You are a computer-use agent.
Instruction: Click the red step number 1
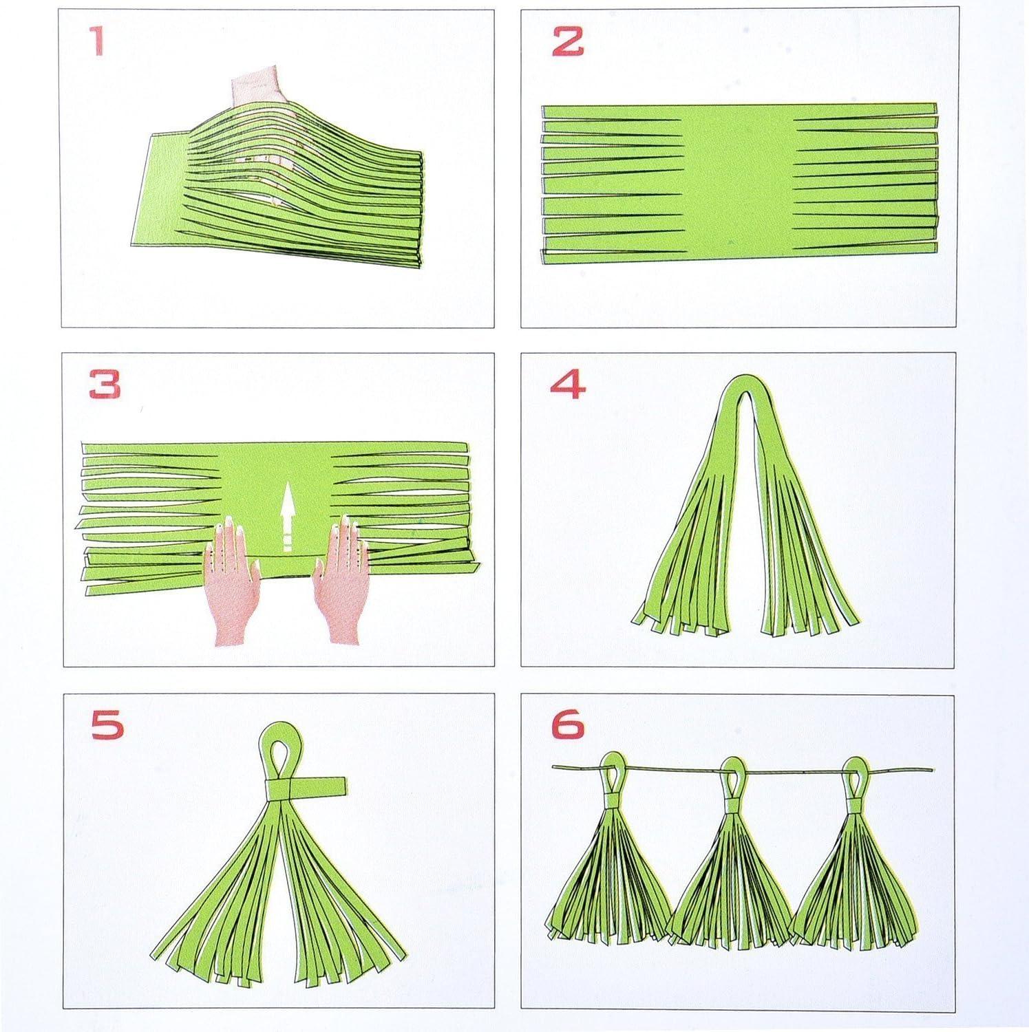tap(98, 42)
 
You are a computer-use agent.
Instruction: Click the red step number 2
tap(567, 42)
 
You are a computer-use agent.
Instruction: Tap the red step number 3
tap(105, 385)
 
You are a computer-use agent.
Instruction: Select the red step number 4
tap(568, 385)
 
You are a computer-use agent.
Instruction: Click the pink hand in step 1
tap(255, 89)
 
